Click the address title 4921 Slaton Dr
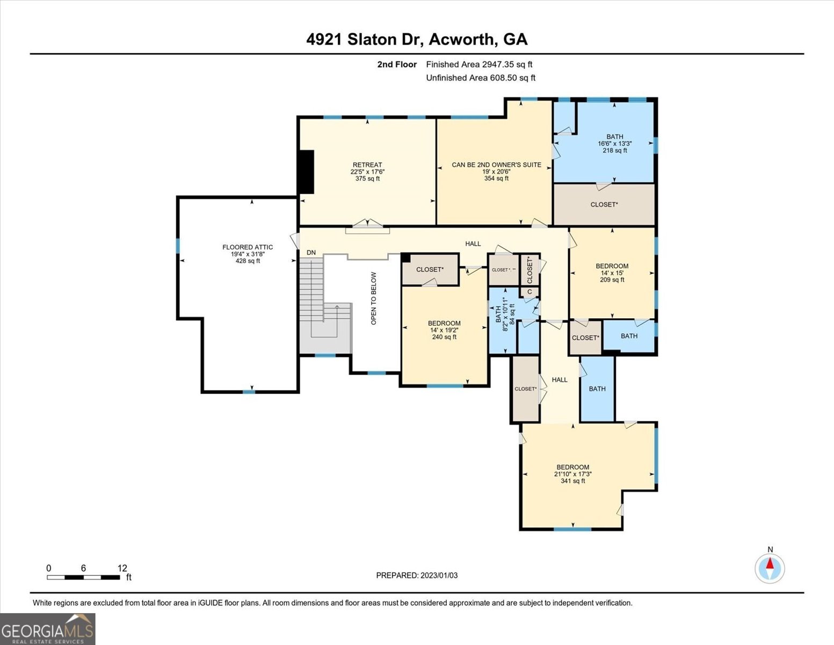[417, 39]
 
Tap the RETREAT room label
[367, 171]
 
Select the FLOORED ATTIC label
[248, 254]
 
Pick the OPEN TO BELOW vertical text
[374, 298]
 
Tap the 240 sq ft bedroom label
[444, 330]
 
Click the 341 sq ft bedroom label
[572, 474]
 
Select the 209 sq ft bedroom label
[612, 273]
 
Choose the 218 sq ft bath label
[614, 144]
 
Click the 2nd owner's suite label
[496, 171]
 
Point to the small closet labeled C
[530, 292]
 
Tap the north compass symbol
[770, 568]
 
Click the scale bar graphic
[83, 577]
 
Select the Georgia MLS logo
[47, 629]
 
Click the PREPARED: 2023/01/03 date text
[417, 575]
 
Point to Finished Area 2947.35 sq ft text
[479, 64]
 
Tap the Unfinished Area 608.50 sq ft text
[481, 78]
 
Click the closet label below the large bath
[604, 204]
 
